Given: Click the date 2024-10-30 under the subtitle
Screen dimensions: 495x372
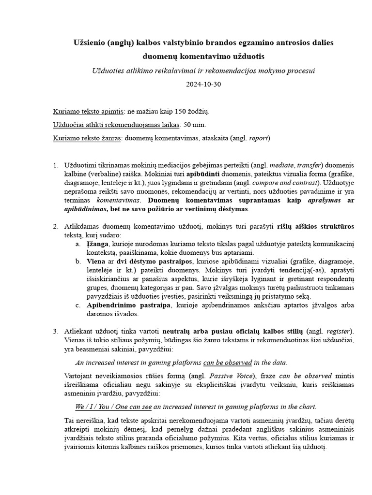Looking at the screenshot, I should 203,84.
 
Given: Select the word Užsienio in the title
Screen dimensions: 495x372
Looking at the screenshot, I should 88,43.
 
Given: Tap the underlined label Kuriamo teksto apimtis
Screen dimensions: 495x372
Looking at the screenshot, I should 88,112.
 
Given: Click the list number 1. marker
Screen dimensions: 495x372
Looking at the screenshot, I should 55,165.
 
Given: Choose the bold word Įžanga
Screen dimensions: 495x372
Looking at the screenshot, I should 98,244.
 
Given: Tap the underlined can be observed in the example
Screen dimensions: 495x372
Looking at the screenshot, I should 227,362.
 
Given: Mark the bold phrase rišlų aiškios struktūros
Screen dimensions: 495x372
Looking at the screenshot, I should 315,226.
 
